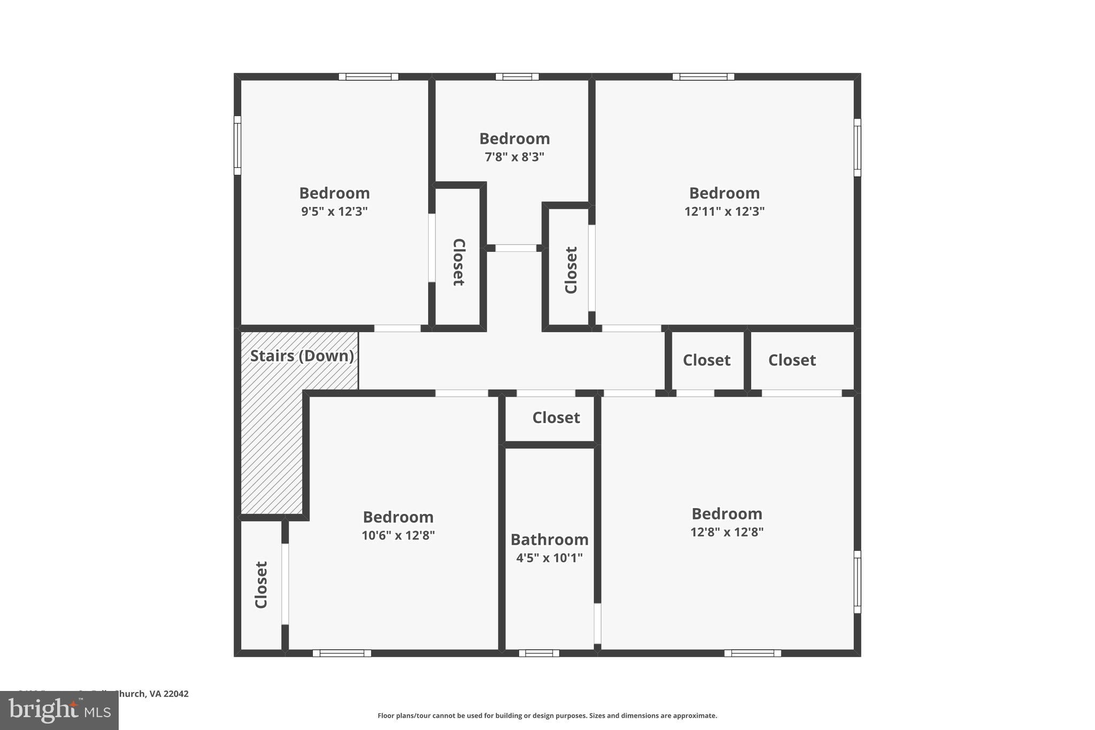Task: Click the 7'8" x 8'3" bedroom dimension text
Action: coord(514,157)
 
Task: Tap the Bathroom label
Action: coord(549,540)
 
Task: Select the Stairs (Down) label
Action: coord(302,356)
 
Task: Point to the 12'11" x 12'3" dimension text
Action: coord(724,211)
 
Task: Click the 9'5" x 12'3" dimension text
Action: coord(334,211)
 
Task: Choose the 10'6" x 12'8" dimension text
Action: coord(398,535)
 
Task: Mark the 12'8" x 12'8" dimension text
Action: coord(727,532)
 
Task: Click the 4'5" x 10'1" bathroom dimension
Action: coord(549,558)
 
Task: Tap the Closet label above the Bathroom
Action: coord(556,418)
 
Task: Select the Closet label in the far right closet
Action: coord(792,360)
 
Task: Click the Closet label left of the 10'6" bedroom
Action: coord(261,585)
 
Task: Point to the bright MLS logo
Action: coord(59,710)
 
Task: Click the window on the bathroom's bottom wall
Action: coord(539,653)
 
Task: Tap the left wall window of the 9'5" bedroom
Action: coord(237,145)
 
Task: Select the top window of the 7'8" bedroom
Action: coord(517,76)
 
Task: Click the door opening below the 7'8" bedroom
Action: coord(515,248)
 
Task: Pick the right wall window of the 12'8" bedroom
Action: coord(857,581)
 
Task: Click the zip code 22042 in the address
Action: coord(176,694)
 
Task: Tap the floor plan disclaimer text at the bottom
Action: coord(547,716)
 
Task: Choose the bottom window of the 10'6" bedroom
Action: coord(342,653)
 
